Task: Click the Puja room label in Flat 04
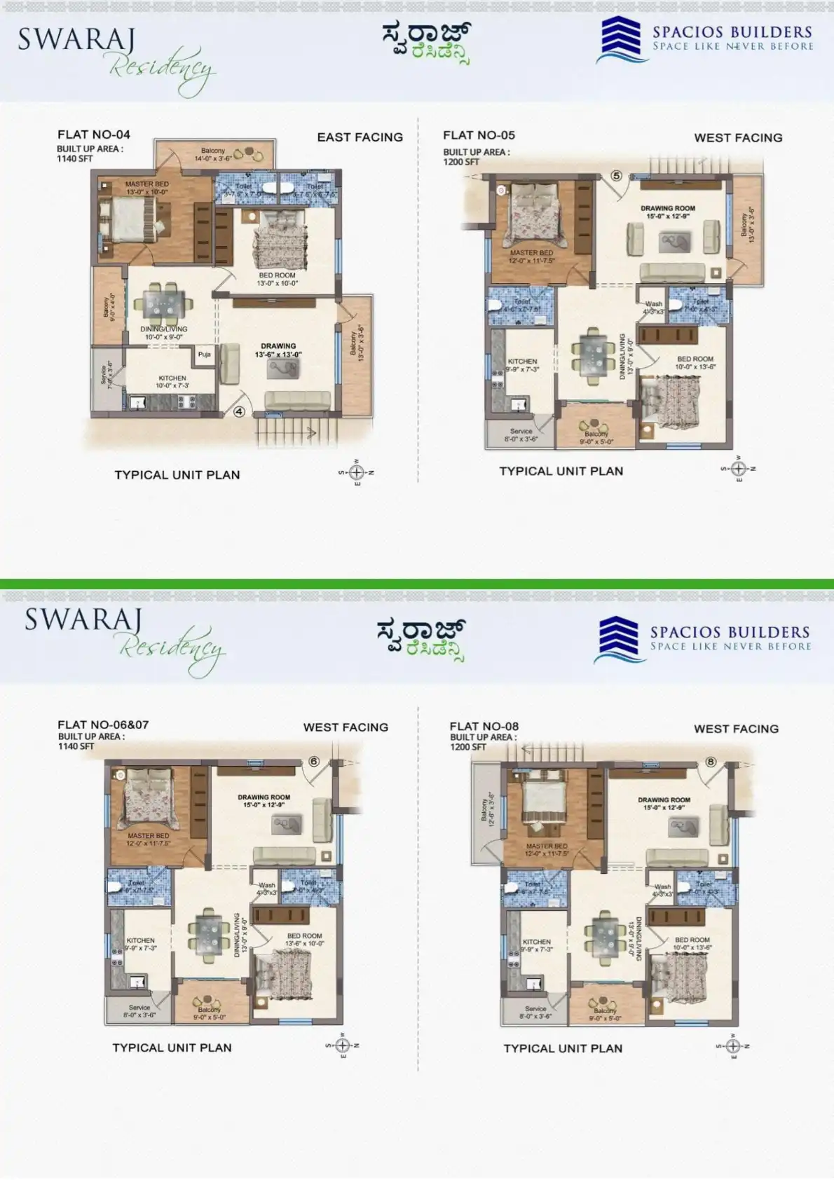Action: coord(204,355)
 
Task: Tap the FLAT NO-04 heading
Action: coord(94,135)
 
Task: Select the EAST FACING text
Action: coord(360,137)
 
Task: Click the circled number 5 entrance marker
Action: coord(616,176)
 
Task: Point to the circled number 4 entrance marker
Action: coord(239,412)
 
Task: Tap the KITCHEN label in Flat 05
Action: coord(522,362)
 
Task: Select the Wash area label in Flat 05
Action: coord(653,304)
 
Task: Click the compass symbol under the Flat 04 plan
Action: coord(356,472)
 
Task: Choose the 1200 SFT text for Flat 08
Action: coord(467,747)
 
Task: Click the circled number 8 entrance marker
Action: coord(711,762)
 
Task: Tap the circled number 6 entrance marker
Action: coord(313,762)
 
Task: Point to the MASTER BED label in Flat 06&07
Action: coord(148,836)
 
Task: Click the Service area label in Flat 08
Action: coord(535,1009)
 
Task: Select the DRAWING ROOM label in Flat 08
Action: coord(664,800)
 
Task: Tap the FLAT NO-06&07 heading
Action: coord(103,725)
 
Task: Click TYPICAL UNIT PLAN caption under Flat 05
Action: coord(561,472)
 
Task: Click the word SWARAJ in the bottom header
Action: coord(83,620)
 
